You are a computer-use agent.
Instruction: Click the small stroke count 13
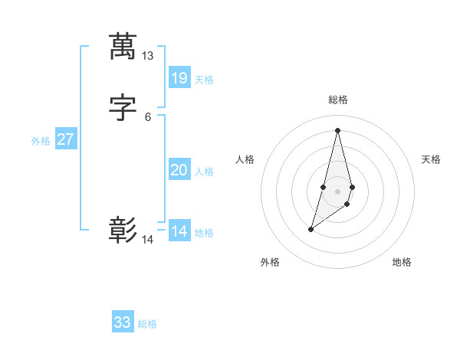pos(147,56)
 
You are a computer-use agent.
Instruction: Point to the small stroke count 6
pos(147,117)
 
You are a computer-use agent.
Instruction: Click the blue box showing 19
pos(179,78)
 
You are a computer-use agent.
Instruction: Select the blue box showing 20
pos(179,170)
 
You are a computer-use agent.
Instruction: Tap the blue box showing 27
pos(65,140)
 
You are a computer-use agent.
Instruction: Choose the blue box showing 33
pos(123,322)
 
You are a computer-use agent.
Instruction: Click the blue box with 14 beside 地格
pos(179,231)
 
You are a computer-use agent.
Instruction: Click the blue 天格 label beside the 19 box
pos(204,80)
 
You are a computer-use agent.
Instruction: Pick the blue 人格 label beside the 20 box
pos(204,172)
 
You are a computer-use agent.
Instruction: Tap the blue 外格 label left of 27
pos(41,141)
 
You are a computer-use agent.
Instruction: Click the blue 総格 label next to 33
pos(147,324)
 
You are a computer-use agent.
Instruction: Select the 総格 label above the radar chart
pos(337,100)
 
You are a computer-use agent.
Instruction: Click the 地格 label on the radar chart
pos(402,262)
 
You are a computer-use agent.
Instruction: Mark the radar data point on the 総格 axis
pos(337,129)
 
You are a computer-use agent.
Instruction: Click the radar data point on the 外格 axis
pos(310,229)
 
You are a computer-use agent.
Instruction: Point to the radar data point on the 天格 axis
pos(352,187)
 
